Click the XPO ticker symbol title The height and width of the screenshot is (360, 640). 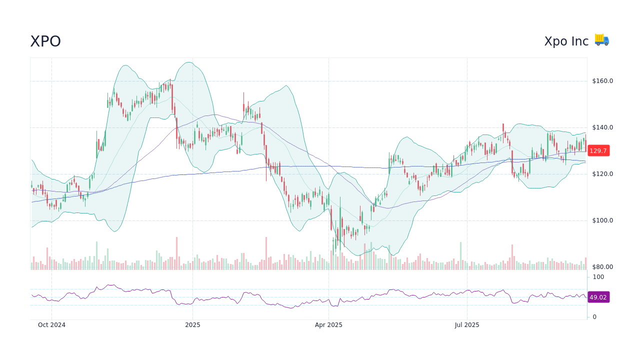(x=45, y=41)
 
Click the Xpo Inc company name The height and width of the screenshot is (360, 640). (x=566, y=41)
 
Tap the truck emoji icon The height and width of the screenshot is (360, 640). (x=602, y=40)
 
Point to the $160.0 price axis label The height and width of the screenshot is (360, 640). (x=602, y=81)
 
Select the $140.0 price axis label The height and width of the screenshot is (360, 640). (x=602, y=127)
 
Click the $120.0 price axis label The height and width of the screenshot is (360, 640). (x=602, y=174)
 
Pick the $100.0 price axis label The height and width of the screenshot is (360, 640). (x=602, y=220)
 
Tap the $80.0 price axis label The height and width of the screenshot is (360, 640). (x=602, y=267)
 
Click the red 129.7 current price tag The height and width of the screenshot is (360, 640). (x=598, y=150)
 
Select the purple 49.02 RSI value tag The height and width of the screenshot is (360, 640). (x=598, y=297)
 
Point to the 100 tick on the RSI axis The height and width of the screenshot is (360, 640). (x=598, y=277)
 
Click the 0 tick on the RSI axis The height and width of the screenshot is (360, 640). (x=594, y=317)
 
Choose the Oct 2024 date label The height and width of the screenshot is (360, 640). (x=51, y=325)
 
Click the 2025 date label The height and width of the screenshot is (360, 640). (x=192, y=325)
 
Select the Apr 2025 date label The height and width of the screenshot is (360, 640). (x=328, y=325)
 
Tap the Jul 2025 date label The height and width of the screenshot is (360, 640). (x=467, y=325)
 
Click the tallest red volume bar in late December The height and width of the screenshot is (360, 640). (x=176, y=254)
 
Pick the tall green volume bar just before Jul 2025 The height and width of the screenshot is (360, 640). (x=460, y=256)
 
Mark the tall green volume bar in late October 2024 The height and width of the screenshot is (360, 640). (x=96, y=256)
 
